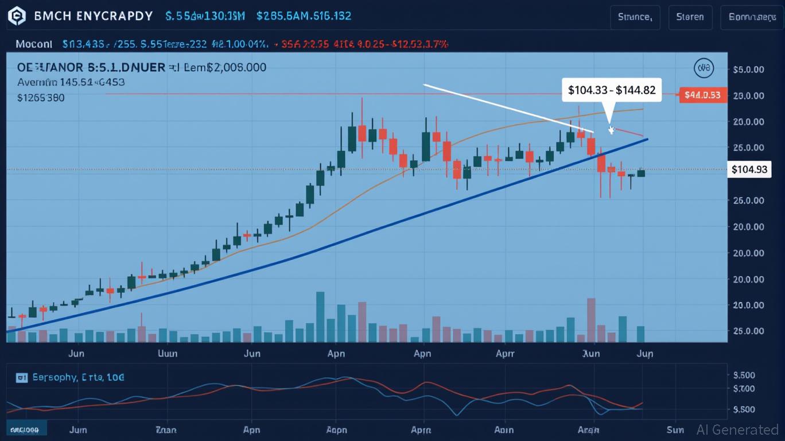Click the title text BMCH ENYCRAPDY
tap(94, 16)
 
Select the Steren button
tap(690, 17)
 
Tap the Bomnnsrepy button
tap(752, 17)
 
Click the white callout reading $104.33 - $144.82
tap(611, 90)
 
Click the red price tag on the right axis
tap(703, 95)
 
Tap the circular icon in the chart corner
tap(703, 68)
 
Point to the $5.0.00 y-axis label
tap(748, 69)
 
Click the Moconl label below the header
tap(34, 44)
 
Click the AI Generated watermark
tap(737, 430)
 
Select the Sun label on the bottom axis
tap(675, 429)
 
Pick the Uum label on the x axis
tap(168, 353)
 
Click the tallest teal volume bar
tap(320, 316)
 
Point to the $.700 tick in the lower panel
tap(744, 389)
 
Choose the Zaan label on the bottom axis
tap(166, 429)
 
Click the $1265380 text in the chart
tap(41, 98)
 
